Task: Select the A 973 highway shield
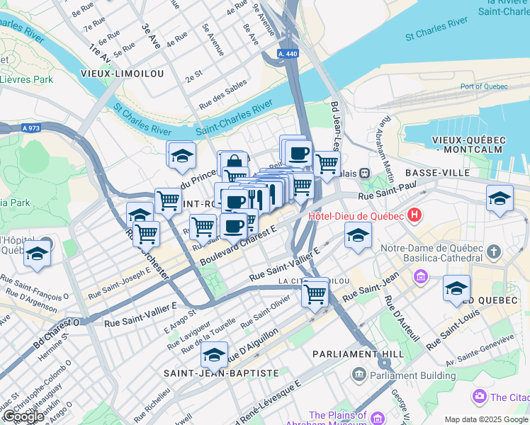click(29, 128)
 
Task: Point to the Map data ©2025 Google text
click(486, 419)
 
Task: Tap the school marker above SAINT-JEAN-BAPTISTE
click(214, 353)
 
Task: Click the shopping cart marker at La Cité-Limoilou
click(315, 293)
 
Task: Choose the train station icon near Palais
click(364, 172)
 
